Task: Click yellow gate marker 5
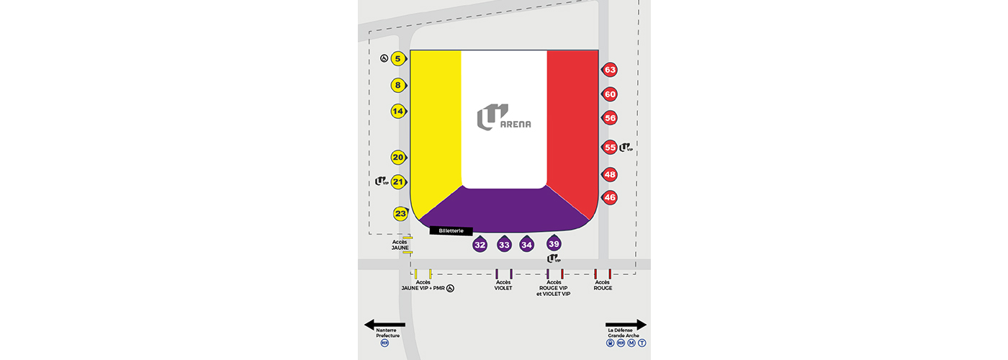click(x=399, y=58)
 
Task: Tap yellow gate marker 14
click(x=399, y=111)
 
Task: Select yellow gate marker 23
click(x=400, y=213)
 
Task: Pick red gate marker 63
click(x=609, y=70)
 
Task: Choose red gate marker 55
click(x=609, y=147)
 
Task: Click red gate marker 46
click(x=609, y=197)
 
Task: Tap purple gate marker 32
click(x=480, y=244)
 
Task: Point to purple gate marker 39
click(x=554, y=243)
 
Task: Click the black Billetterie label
click(x=451, y=231)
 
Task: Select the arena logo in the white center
click(x=503, y=117)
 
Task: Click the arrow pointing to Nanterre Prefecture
click(x=384, y=325)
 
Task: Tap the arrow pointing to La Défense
click(x=626, y=325)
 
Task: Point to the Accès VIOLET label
click(x=503, y=285)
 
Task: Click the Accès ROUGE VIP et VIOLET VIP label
click(x=554, y=288)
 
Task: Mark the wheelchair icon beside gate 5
click(x=384, y=58)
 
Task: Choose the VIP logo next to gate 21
click(x=382, y=181)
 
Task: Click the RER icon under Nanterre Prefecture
click(x=384, y=343)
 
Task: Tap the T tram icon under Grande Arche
click(x=642, y=343)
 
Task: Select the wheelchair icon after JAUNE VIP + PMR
click(x=450, y=289)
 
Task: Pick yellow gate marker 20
click(x=399, y=157)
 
